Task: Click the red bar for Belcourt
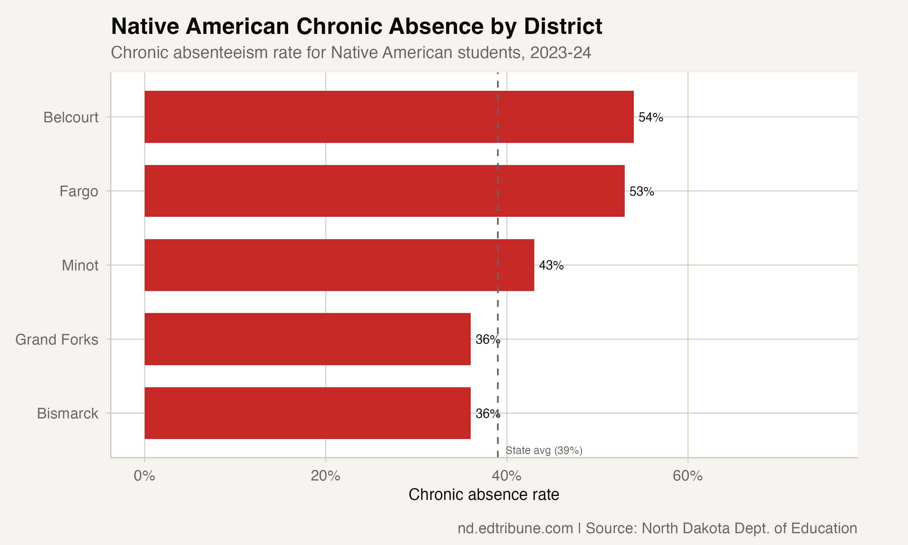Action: (x=389, y=117)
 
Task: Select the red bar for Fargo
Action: (x=384, y=191)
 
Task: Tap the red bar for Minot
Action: (x=339, y=265)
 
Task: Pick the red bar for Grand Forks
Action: (x=308, y=339)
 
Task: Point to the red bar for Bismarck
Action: (x=308, y=413)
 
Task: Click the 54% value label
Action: (x=651, y=117)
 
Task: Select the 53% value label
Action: (x=642, y=191)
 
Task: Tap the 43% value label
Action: (x=551, y=265)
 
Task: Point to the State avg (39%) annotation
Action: (x=544, y=450)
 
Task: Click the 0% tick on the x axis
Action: (x=144, y=476)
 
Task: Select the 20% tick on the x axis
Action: (x=326, y=476)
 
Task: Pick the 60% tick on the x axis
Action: (x=687, y=476)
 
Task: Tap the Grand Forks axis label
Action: (x=57, y=339)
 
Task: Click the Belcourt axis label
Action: (x=71, y=117)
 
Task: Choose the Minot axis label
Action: (x=80, y=265)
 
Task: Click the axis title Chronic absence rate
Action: (x=484, y=495)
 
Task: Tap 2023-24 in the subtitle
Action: (x=561, y=52)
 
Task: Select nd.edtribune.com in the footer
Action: (x=515, y=528)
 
